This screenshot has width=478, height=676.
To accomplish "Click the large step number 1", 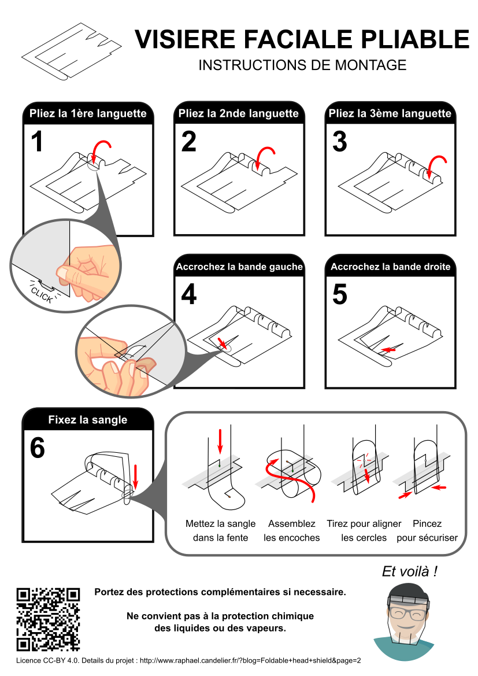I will pos(37,142).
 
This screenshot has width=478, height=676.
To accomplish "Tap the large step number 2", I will pos(188,142).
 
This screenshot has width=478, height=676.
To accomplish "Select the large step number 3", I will pos(340,142).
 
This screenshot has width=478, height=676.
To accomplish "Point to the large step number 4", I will pos(188,294).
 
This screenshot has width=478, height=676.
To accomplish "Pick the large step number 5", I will pos(340,294).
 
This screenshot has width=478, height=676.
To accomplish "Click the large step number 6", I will pos(37,448).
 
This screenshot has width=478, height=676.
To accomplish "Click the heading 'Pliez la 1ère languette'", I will pos(88,113).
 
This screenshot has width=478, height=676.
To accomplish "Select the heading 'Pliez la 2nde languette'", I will pos(239,113).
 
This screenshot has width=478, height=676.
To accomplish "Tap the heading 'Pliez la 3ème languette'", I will pos(390,113).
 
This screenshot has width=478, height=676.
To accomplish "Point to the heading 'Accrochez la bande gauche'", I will pos(239,267).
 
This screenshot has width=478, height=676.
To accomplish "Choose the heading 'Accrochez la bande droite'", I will pos(390,267).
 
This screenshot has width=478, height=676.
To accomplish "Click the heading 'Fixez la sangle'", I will pos(88,420).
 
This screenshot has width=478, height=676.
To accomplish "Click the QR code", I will pos(48,619).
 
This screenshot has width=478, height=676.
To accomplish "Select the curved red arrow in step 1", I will pos(102,149).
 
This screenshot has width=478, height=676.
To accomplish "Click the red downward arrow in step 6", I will pos(135,475).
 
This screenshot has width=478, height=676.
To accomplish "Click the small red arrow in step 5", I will pos(389,350).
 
